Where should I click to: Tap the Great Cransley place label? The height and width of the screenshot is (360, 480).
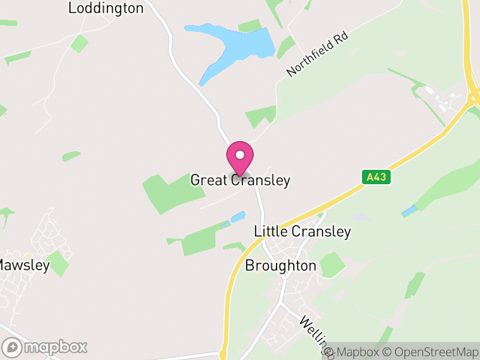point(240,180)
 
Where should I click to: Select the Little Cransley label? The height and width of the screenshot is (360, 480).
point(302,232)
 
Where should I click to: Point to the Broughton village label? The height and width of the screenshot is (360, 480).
point(280,266)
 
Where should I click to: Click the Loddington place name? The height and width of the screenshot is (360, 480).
point(106,8)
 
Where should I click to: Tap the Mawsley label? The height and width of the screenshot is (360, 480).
point(24,265)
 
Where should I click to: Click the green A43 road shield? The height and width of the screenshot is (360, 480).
point(376,177)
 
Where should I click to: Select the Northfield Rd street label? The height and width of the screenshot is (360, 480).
point(317,55)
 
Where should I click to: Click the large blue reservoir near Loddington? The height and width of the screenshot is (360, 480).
point(240,48)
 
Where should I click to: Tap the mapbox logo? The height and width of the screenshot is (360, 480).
point(45,347)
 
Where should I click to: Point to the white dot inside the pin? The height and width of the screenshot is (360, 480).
point(240,155)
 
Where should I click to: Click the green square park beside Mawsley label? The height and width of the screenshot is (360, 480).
point(58,263)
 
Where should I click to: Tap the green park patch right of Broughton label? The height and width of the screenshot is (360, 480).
point(332,265)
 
